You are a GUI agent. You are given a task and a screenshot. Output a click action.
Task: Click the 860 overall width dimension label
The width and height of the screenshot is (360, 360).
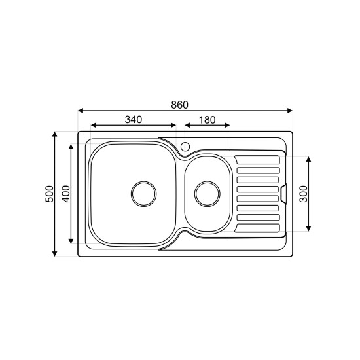179,105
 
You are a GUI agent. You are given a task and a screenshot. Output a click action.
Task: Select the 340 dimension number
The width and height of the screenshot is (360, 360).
134,120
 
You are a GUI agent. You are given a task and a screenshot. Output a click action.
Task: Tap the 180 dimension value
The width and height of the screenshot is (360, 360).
207,120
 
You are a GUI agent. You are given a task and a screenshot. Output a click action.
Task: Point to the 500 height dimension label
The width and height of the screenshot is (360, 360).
49,194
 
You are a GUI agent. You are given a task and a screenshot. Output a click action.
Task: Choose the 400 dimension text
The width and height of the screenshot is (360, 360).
66,194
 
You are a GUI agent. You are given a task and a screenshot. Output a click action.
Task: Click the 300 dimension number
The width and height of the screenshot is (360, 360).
304,194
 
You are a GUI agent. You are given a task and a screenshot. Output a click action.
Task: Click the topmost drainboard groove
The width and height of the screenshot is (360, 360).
257,160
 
